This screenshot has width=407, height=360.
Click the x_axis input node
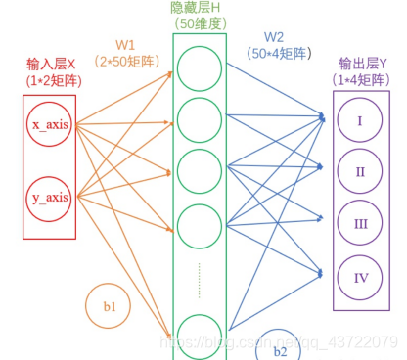(x=49, y=127)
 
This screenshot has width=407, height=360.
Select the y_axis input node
(x=49, y=199)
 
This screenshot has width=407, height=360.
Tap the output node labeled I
(x=360, y=121)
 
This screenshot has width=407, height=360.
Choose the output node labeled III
(x=360, y=224)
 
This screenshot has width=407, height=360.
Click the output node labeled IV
(x=360, y=278)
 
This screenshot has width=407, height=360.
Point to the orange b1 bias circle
(x=110, y=306)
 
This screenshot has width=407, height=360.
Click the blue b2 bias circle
(x=279, y=345)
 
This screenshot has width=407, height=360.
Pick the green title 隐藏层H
(x=199, y=8)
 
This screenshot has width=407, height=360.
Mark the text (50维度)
(x=199, y=23)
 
